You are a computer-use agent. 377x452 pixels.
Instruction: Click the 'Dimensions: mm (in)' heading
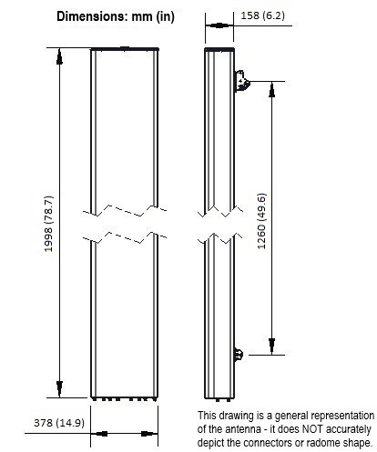click(116, 16)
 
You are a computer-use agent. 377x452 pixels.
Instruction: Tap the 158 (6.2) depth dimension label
click(262, 15)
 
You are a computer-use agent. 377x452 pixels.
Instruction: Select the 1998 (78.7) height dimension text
click(49, 224)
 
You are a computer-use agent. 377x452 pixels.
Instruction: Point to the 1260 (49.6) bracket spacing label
click(261, 221)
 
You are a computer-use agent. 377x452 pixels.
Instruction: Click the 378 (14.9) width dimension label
click(59, 423)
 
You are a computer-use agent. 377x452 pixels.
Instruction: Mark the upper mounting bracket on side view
click(242, 81)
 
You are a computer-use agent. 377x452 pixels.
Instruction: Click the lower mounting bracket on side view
click(239, 354)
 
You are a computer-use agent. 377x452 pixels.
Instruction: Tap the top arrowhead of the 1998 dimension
click(59, 56)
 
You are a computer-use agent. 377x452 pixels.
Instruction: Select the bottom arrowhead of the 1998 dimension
click(59, 389)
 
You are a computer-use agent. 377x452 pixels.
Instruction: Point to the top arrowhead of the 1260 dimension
click(271, 90)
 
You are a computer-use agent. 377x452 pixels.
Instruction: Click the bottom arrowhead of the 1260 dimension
click(271, 347)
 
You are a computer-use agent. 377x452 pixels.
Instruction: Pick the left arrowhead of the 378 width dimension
click(99, 434)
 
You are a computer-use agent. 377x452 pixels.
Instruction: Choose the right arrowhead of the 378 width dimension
click(149, 434)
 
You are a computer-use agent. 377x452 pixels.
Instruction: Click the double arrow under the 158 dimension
click(219, 25)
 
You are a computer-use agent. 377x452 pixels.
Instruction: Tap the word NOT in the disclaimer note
click(312, 429)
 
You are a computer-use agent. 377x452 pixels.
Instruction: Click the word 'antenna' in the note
click(239, 429)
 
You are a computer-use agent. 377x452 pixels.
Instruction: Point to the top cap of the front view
click(125, 49)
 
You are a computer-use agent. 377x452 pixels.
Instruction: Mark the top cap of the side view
click(219, 49)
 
